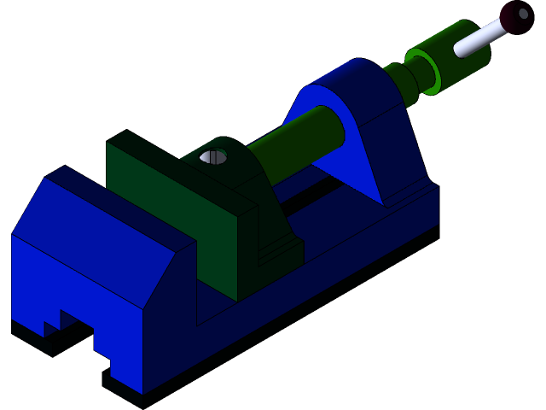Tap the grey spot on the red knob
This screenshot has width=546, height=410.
(x=523, y=14)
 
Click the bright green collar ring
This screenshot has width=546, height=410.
(x=422, y=71)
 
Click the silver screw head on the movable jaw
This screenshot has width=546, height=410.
(x=213, y=157)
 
